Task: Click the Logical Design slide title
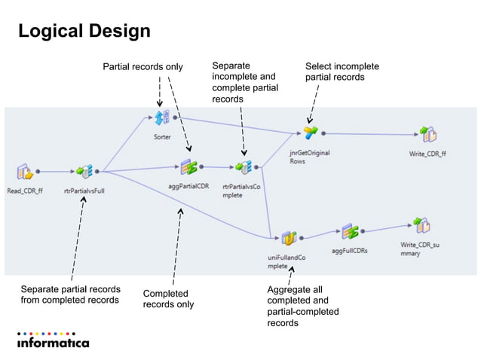coord(84,32)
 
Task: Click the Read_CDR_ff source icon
coord(23,172)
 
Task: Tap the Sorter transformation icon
coord(161,118)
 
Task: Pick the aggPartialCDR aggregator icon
coord(188,167)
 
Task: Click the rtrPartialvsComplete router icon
coord(242,167)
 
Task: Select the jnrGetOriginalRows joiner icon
coord(310,134)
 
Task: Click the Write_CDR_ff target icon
coord(427,135)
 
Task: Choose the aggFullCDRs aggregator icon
coord(349,231)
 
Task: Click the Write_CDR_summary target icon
coord(421,224)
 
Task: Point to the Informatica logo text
coord(53,343)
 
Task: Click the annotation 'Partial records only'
coord(142,67)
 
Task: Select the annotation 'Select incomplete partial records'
coord(342,72)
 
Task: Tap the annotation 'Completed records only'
coord(168,298)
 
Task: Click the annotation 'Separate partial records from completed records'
coord(70,294)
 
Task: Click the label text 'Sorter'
coord(161,137)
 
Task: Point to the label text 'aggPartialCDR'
coord(188,186)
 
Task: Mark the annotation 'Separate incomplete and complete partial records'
coord(245,83)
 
